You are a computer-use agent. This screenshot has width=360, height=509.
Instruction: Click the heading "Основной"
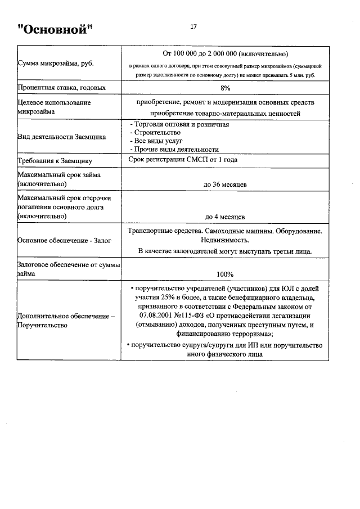(x=55, y=28)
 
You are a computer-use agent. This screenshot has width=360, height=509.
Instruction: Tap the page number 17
(x=193, y=26)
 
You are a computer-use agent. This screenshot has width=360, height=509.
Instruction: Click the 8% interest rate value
(x=225, y=88)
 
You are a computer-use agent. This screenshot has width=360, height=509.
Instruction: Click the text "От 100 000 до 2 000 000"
(x=200, y=54)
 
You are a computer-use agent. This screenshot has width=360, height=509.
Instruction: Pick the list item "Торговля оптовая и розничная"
(x=179, y=124)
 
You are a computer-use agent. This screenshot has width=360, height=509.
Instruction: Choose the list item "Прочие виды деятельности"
(x=174, y=150)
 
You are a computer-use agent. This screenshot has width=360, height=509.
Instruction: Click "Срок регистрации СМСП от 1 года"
(x=183, y=160)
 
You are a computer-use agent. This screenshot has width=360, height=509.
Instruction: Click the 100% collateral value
(x=225, y=274)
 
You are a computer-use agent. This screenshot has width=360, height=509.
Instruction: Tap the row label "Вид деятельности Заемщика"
(x=62, y=137)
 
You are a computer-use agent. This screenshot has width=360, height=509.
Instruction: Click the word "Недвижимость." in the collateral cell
(x=225, y=241)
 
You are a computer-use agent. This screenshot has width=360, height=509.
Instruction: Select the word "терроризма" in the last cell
(x=254, y=334)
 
